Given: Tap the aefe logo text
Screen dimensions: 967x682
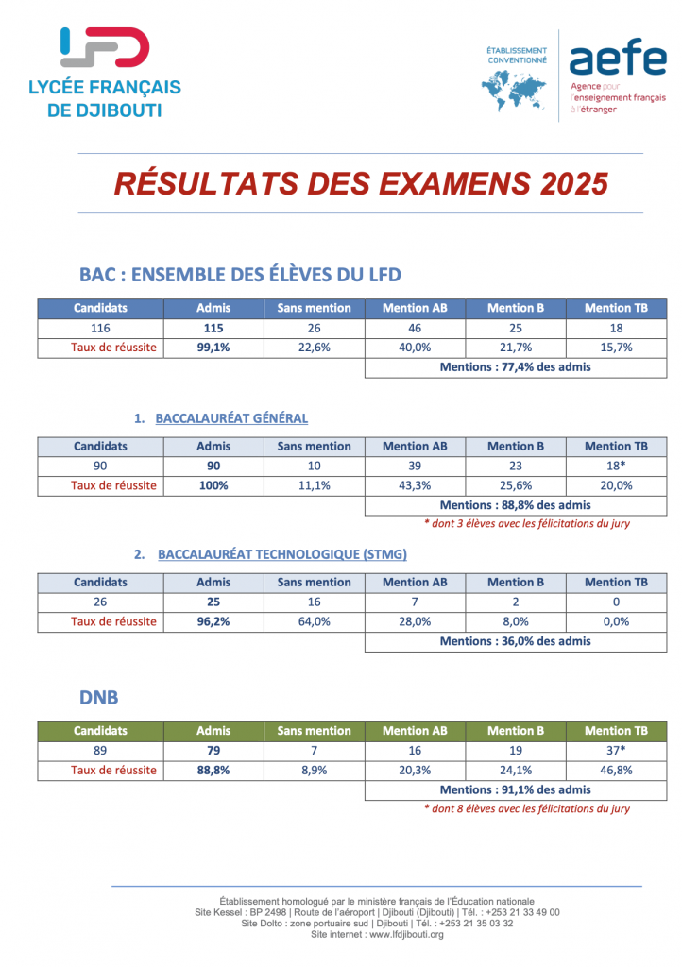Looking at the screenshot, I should pyautogui.click(x=616, y=60).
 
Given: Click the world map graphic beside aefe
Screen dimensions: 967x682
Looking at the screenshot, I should pyautogui.click(x=514, y=90).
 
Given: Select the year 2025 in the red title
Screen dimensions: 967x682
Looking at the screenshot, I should pyautogui.click(x=574, y=183).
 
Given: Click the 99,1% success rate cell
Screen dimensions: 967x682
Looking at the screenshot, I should pyautogui.click(x=213, y=348).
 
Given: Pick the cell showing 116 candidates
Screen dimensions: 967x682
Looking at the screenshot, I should pyautogui.click(x=100, y=329).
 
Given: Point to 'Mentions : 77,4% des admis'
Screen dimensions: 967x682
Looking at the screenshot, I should pyautogui.click(x=515, y=367).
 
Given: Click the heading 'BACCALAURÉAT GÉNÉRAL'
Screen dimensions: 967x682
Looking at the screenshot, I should pyautogui.click(x=231, y=418).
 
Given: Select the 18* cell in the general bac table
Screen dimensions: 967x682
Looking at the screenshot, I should pyautogui.click(x=616, y=466).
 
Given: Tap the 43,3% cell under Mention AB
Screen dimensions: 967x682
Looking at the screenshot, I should pyautogui.click(x=415, y=485).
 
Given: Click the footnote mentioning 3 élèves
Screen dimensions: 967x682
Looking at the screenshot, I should pyautogui.click(x=526, y=523).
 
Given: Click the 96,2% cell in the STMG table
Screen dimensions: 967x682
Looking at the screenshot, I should pyautogui.click(x=213, y=622).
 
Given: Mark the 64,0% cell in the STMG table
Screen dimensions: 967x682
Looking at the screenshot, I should pyautogui.click(x=314, y=622).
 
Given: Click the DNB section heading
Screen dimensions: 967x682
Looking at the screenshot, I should pyautogui.click(x=99, y=697).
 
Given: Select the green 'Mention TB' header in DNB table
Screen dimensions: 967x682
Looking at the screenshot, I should pyautogui.click(x=616, y=731).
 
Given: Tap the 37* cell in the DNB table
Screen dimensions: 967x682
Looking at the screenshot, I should pyautogui.click(x=616, y=750).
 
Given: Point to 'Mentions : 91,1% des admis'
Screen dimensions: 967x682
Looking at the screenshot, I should pyautogui.click(x=515, y=789).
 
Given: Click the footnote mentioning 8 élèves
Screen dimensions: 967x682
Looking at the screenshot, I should pyautogui.click(x=526, y=808).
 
